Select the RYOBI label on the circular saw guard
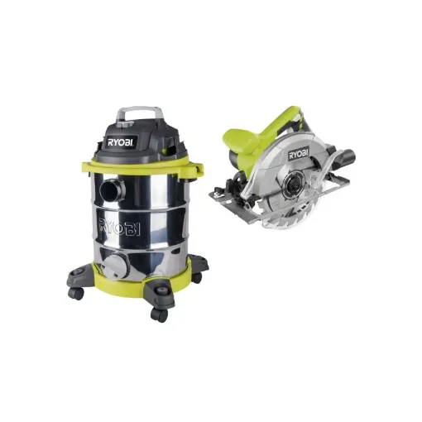[299, 153]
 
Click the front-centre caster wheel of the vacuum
[160, 314]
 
